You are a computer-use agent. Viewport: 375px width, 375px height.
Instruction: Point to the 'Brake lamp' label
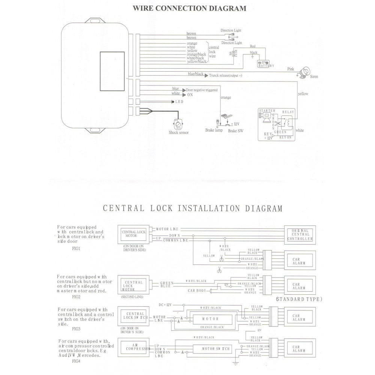[x=214, y=130]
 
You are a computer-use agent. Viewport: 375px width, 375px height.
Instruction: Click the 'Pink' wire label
[x=290, y=69]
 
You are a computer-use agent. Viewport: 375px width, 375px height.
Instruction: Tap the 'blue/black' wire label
[x=196, y=74]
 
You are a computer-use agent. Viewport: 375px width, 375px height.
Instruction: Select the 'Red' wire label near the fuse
[x=253, y=46]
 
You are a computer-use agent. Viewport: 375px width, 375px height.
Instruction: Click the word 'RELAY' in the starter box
[x=288, y=112]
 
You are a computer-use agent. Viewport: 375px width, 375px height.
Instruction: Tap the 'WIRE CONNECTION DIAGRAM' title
[x=190, y=8]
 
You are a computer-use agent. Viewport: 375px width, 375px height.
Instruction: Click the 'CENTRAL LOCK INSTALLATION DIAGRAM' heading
[x=193, y=208]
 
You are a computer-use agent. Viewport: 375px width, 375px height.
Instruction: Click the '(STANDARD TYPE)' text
[x=299, y=299]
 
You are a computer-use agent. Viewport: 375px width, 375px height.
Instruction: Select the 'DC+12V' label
[x=165, y=305]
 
